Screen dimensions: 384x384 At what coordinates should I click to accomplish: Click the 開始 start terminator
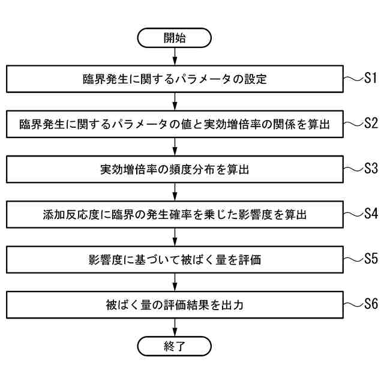click(175, 38)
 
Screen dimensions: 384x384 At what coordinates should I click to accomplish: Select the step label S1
click(370, 77)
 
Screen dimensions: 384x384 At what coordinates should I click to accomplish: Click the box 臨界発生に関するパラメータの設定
click(175, 79)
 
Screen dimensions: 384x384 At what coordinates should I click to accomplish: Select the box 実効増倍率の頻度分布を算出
click(175, 170)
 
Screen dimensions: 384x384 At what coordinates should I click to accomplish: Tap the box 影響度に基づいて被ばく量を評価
click(175, 260)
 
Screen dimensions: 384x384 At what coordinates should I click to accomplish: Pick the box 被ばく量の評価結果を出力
click(175, 305)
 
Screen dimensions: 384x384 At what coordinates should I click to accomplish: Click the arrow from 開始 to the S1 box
click(175, 57)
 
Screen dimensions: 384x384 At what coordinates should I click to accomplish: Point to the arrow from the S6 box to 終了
click(175, 327)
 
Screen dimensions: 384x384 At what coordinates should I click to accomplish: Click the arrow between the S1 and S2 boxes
click(175, 101)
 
